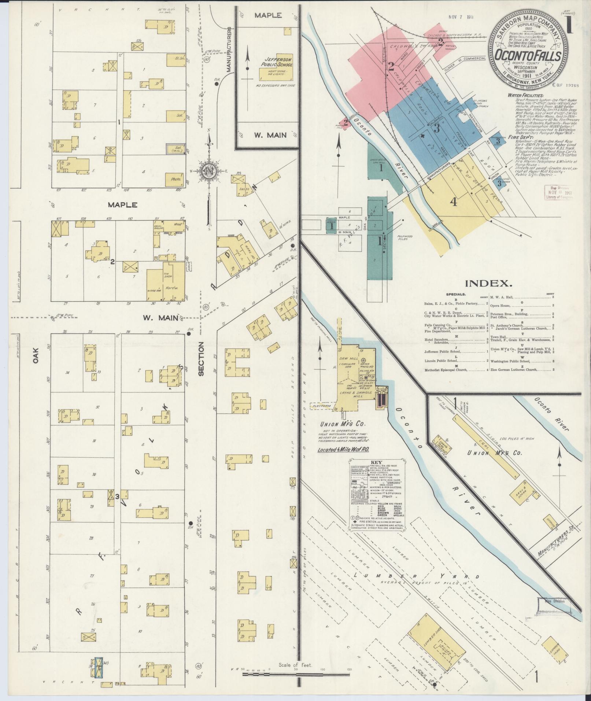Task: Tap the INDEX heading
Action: tap(488, 283)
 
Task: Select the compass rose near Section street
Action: tap(208, 171)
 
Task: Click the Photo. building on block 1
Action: tap(175, 180)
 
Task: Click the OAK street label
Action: tap(36, 355)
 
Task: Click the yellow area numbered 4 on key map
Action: tap(454, 202)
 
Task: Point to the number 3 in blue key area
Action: tap(436, 128)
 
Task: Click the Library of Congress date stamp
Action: tap(558, 192)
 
